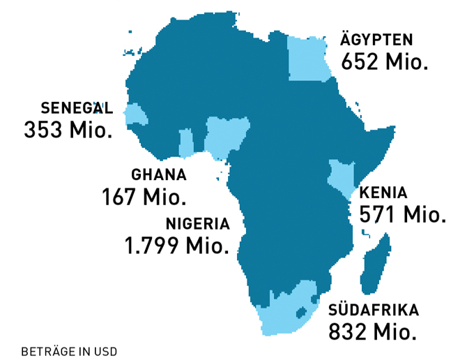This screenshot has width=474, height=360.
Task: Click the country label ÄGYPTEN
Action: (376, 40)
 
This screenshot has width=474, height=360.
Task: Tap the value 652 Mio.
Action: (384, 61)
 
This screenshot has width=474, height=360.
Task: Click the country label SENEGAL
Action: (77, 108)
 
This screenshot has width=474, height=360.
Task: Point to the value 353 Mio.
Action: (68, 130)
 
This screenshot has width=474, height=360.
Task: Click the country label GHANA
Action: (159, 175)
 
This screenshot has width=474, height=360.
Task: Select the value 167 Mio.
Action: (144, 197)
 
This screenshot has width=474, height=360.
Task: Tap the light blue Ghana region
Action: (186, 144)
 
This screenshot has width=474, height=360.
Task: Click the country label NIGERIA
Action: (197, 224)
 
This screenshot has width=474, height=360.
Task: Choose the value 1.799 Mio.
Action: (176, 246)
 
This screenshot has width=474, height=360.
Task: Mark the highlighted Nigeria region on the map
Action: (226, 136)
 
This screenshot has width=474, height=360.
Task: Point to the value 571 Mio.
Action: (402, 214)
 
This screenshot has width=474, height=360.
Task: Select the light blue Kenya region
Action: (342, 177)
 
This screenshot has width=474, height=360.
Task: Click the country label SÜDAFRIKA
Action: (374, 309)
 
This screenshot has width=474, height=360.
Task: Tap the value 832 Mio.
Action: (372, 330)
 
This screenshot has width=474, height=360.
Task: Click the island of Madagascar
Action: (376, 265)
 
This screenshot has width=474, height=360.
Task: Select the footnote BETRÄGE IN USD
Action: (69, 350)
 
